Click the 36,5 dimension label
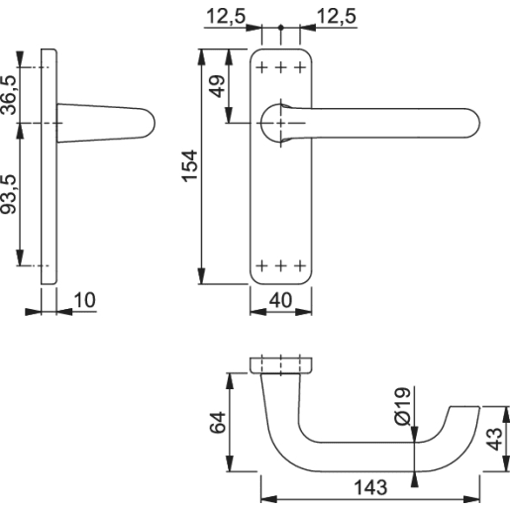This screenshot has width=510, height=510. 11,95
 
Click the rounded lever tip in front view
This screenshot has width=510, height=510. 469,123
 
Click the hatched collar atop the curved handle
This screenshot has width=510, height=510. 279,365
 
